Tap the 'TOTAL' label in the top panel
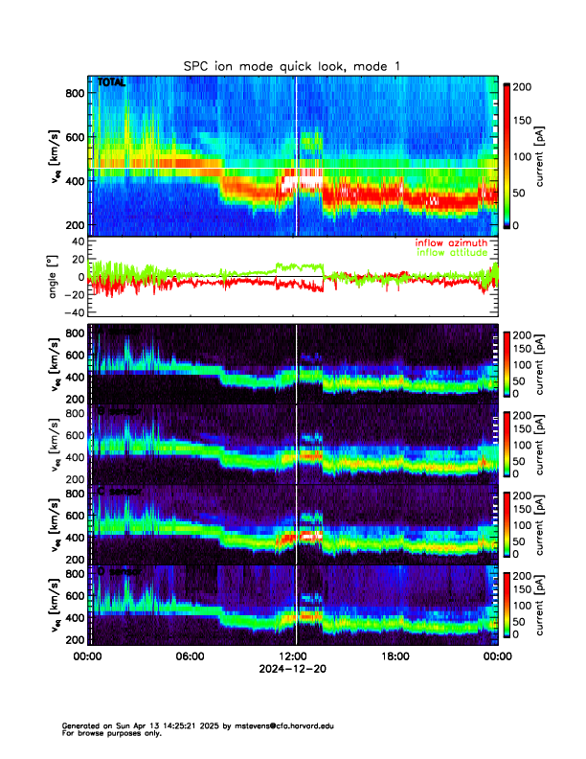(112, 83)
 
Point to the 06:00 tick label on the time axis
(190, 656)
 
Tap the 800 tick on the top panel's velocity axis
(73, 93)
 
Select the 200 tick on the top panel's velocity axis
(73, 224)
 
